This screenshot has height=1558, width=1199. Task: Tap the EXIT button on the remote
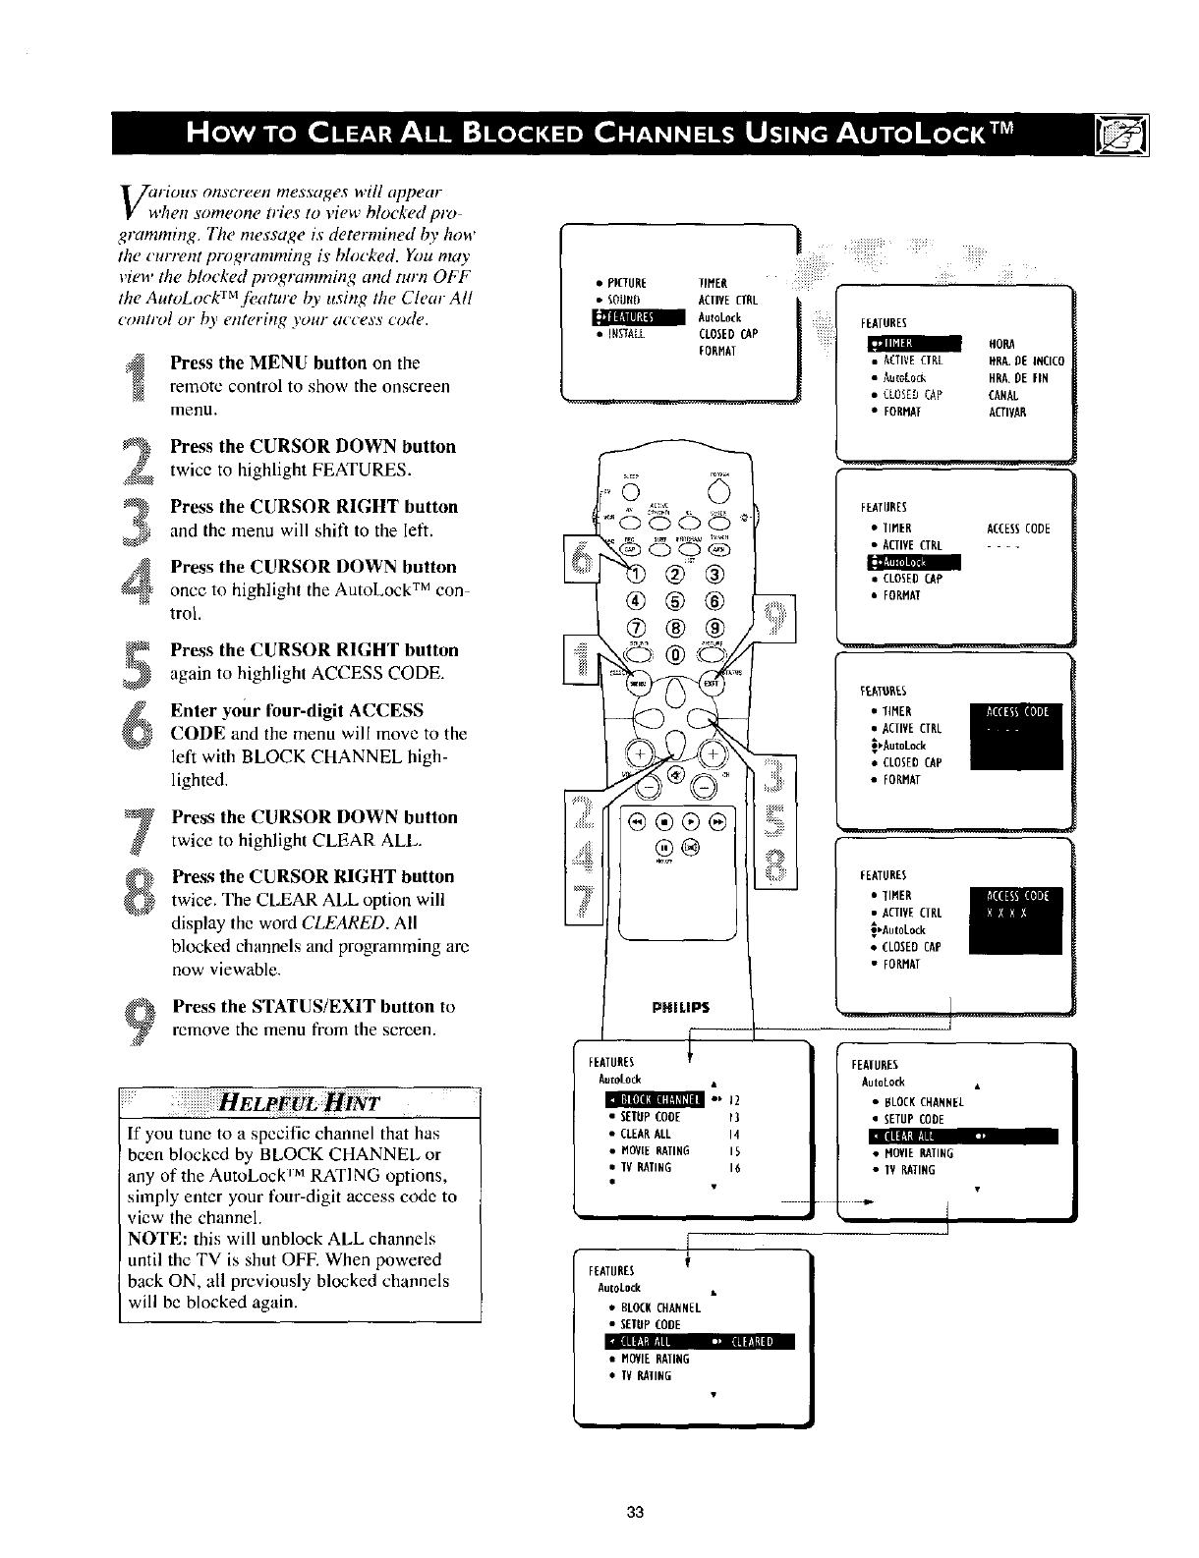(713, 681)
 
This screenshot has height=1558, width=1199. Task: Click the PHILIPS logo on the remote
(679, 1007)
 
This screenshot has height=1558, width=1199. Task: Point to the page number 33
(634, 1513)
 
